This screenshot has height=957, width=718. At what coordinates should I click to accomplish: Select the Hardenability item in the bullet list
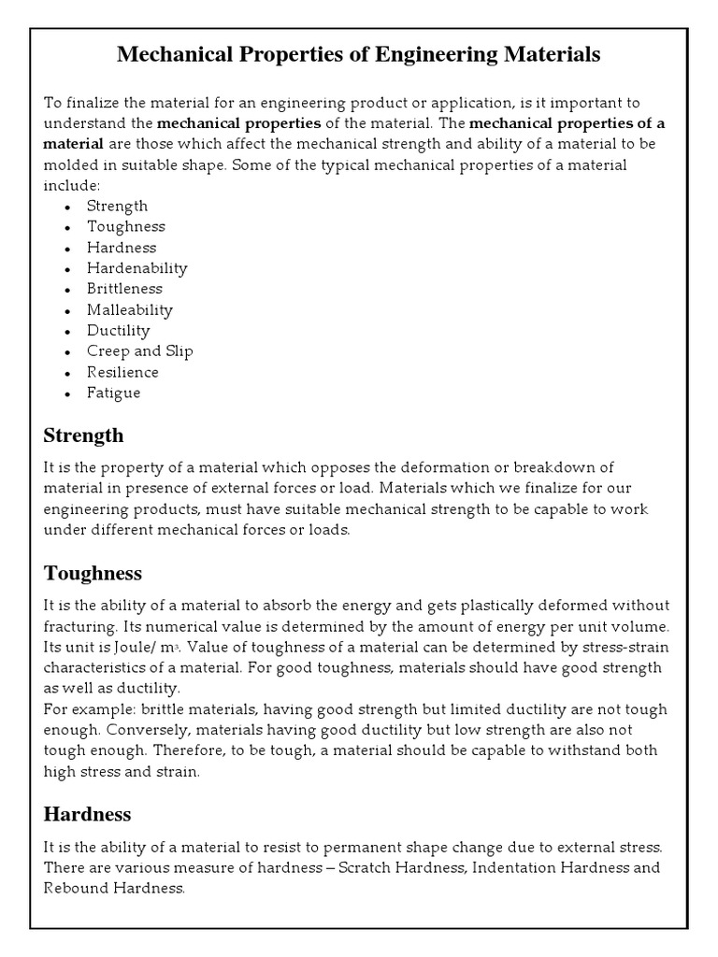click(136, 268)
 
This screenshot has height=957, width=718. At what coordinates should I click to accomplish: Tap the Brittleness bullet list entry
click(124, 289)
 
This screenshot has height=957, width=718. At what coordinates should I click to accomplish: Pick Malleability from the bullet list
click(129, 309)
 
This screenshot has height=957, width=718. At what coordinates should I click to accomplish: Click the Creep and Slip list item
click(139, 351)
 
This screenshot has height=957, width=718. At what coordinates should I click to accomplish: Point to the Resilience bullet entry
click(122, 372)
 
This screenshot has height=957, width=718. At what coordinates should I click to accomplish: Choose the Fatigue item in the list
click(113, 393)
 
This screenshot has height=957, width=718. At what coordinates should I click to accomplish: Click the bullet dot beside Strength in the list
click(68, 207)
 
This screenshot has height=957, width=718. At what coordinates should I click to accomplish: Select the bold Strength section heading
click(83, 436)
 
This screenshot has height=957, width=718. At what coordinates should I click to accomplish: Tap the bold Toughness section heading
click(93, 573)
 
